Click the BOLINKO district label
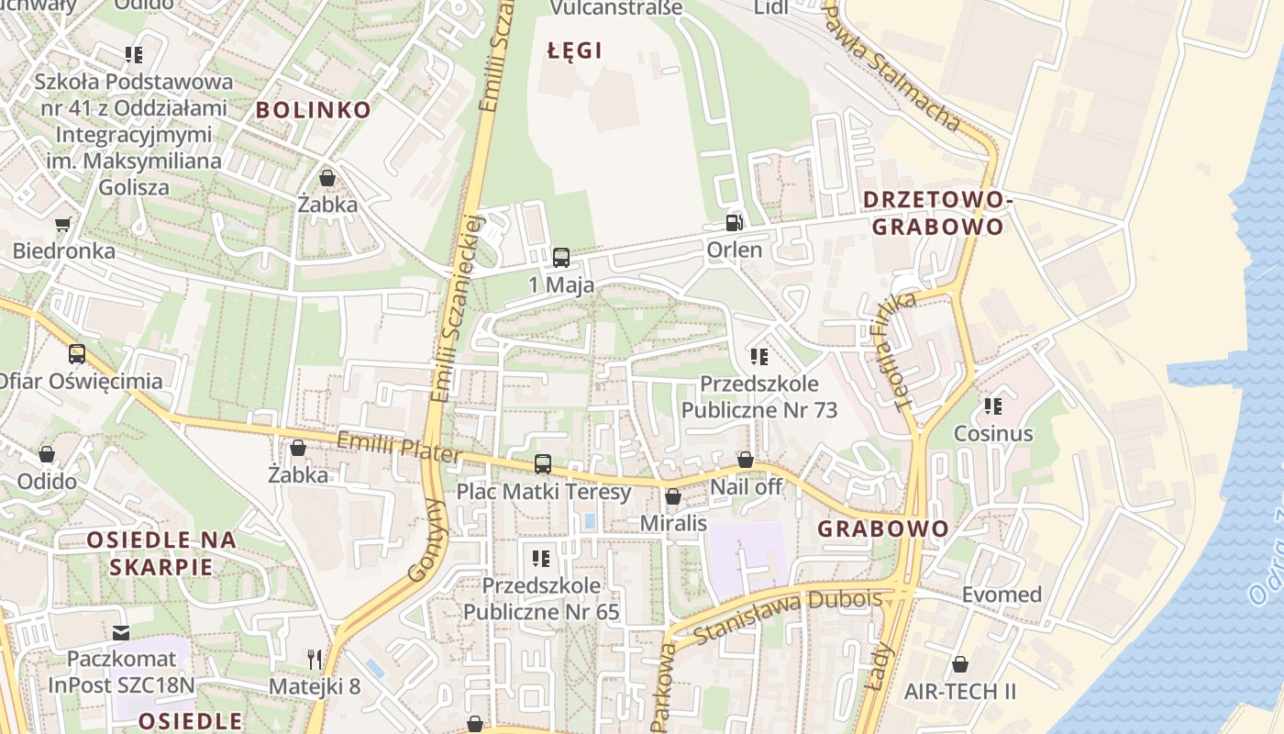coord(314,110)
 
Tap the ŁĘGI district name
coord(575,50)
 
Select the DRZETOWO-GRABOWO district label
coord(937,213)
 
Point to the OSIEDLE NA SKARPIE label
coord(161,553)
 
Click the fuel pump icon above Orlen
coord(734,222)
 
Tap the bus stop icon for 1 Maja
coord(561,258)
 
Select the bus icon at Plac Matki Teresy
coord(543,464)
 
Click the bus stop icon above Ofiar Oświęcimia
coord(77,354)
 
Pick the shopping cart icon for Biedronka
coord(63,224)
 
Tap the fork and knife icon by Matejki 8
coord(315,659)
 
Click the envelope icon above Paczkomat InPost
coord(121,632)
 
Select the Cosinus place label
coord(993,433)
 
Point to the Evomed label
coord(1002,595)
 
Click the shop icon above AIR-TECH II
coord(960,663)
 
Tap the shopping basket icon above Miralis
coord(673,496)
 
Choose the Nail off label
coord(747,487)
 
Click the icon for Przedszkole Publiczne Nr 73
coord(759,356)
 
